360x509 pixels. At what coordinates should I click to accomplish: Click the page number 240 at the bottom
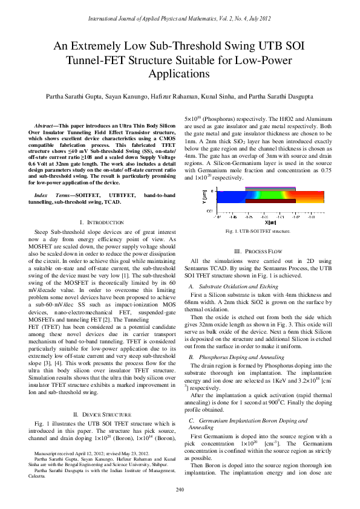(x=180, y=489)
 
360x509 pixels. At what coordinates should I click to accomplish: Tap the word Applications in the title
(x=179, y=74)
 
